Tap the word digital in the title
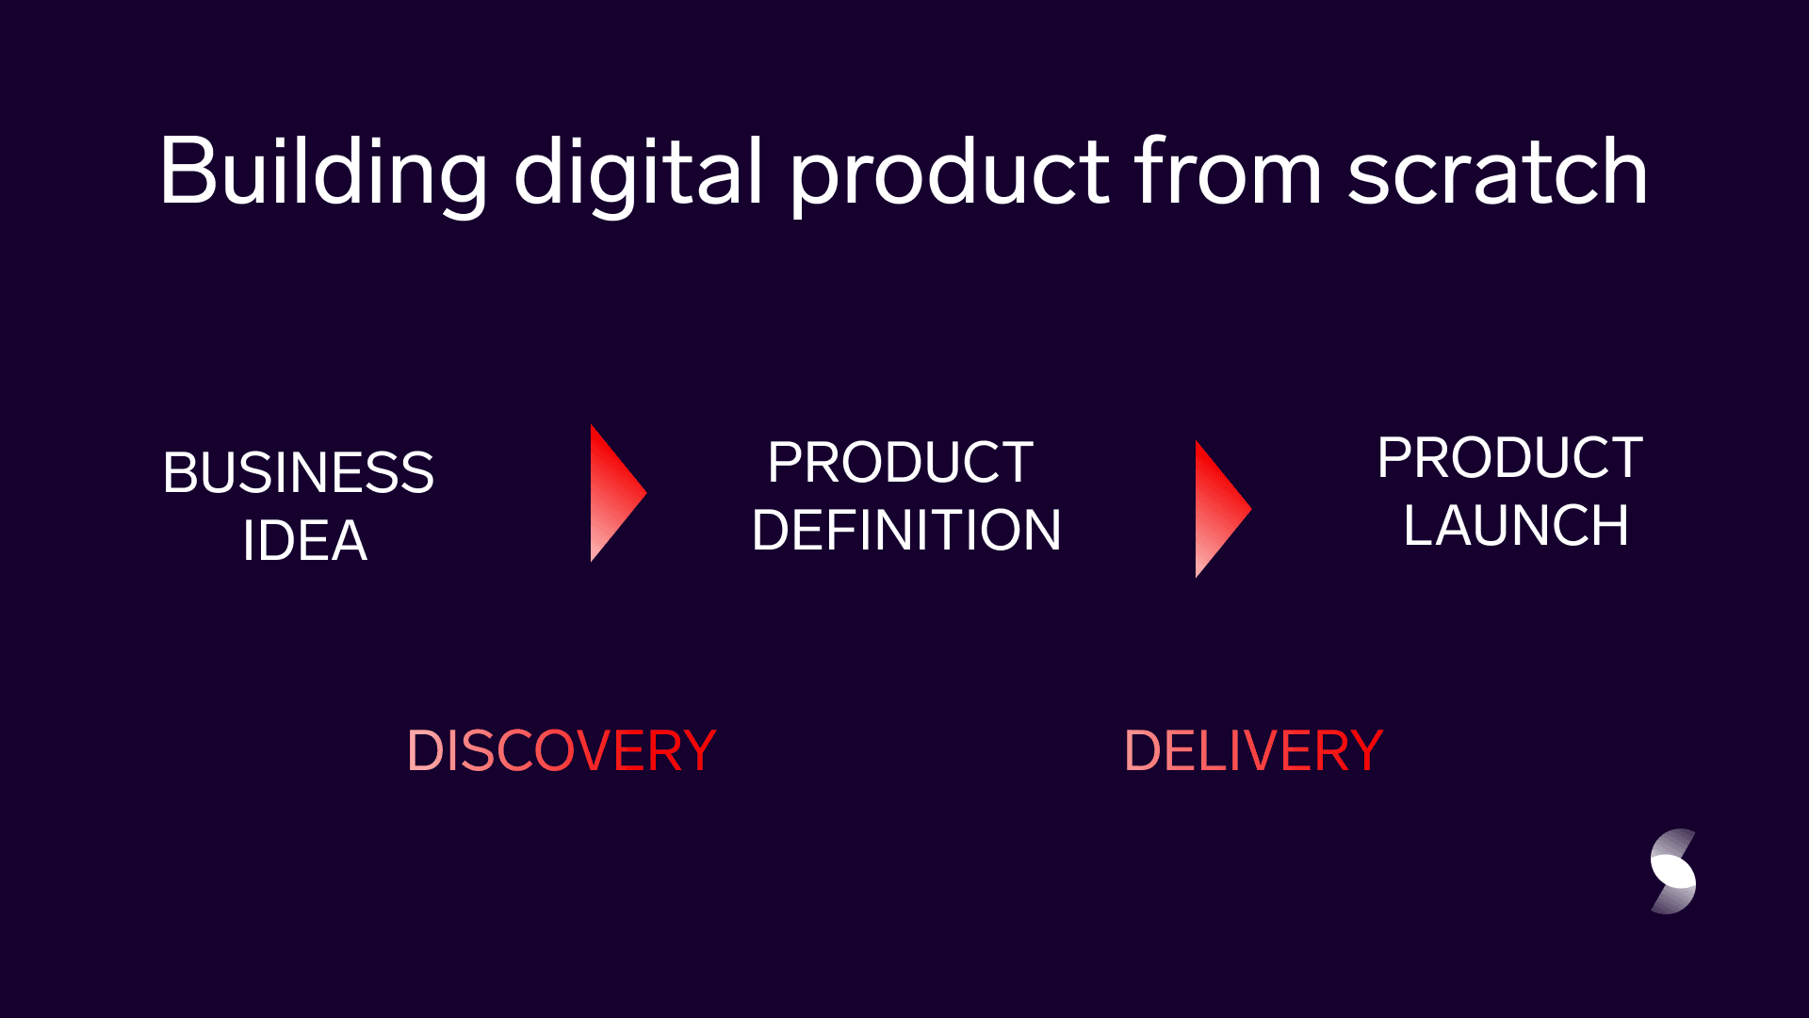(638, 172)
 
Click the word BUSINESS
(299, 472)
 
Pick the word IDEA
(304, 541)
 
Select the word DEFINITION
(906, 530)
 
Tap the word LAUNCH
(1516, 525)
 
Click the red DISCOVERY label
(562, 751)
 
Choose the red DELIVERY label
(1253, 751)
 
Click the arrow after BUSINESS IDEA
(618, 493)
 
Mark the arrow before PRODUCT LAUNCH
(1223, 509)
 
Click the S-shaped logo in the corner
(1673, 872)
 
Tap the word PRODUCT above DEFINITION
(901, 463)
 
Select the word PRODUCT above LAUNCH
(1510, 458)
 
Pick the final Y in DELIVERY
(1363, 751)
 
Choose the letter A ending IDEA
(346, 541)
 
